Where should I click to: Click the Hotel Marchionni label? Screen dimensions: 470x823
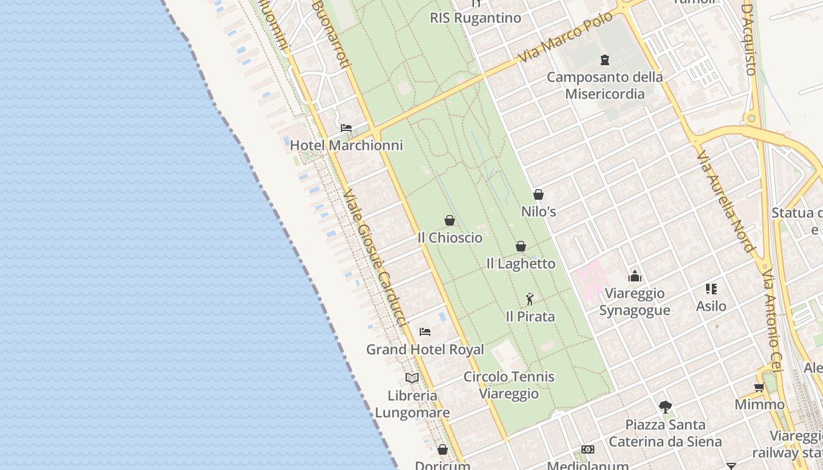pyautogui.click(x=346, y=145)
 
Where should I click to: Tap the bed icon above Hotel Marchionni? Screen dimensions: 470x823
pyautogui.click(x=346, y=127)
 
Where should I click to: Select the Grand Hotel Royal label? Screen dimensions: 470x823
pyautogui.click(x=425, y=350)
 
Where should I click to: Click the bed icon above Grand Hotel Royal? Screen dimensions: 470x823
pyautogui.click(x=425, y=332)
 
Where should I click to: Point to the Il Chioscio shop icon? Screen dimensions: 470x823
pyautogui.click(x=450, y=220)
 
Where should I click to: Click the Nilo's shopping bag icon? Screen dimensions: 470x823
pyautogui.click(x=538, y=194)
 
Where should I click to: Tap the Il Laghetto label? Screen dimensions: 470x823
pyautogui.click(x=521, y=264)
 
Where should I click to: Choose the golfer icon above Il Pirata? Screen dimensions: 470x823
pyautogui.click(x=530, y=299)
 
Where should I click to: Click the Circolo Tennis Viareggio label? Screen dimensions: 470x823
pyautogui.click(x=509, y=385)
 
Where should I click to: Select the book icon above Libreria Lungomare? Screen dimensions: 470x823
pyautogui.click(x=412, y=378)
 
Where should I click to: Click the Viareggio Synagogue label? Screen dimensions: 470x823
pyautogui.click(x=635, y=301)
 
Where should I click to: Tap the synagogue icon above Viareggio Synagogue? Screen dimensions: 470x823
pyautogui.click(x=635, y=276)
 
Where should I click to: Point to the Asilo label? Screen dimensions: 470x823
pyautogui.click(x=711, y=306)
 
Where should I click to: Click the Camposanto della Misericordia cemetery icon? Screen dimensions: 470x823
pyautogui.click(x=605, y=59)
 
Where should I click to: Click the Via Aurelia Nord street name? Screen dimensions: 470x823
pyautogui.click(x=725, y=201)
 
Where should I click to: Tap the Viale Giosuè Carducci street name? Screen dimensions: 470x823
pyautogui.click(x=375, y=258)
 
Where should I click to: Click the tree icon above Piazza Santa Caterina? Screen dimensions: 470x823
pyautogui.click(x=665, y=407)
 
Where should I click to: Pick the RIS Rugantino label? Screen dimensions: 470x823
pyautogui.click(x=476, y=18)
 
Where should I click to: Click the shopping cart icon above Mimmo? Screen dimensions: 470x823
pyautogui.click(x=760, y=387)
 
